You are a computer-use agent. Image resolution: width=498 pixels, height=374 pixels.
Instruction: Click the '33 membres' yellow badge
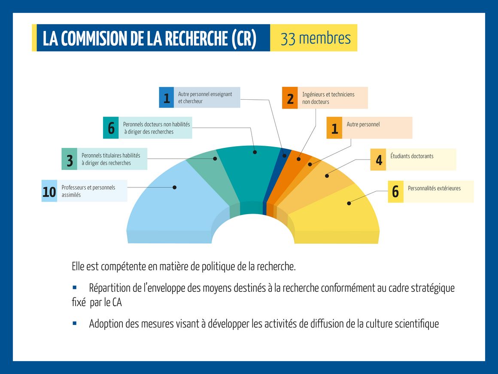click(314, 38)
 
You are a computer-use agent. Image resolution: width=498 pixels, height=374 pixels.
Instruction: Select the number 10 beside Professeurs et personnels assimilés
click(49, 192)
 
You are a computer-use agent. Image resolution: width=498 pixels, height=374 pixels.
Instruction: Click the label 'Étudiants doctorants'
click(412, 156)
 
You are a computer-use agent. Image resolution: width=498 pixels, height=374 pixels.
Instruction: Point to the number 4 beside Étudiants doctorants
click(379, 160)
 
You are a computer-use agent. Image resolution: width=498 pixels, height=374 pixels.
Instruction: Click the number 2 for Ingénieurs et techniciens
click(290, 99)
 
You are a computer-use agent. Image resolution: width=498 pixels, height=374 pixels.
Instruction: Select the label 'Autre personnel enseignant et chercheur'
click(205, 98)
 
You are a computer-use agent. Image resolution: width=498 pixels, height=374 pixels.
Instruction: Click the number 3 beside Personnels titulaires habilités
click(70, 161)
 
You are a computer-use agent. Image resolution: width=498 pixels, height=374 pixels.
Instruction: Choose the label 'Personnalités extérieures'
click(434, 188)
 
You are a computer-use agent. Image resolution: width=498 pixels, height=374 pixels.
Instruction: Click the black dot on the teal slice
click(255, 152)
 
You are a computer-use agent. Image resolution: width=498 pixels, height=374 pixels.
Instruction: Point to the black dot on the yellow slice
click(349, 203)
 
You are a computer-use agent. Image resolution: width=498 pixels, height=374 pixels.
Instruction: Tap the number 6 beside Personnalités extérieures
click(395, 191)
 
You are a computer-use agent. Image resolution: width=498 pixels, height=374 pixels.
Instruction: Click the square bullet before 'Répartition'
click(75, 288)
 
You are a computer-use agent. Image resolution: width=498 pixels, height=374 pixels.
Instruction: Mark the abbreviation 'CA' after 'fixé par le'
click(117, 302)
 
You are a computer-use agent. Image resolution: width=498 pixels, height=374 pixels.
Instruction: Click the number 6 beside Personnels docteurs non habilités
click(111, 128)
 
